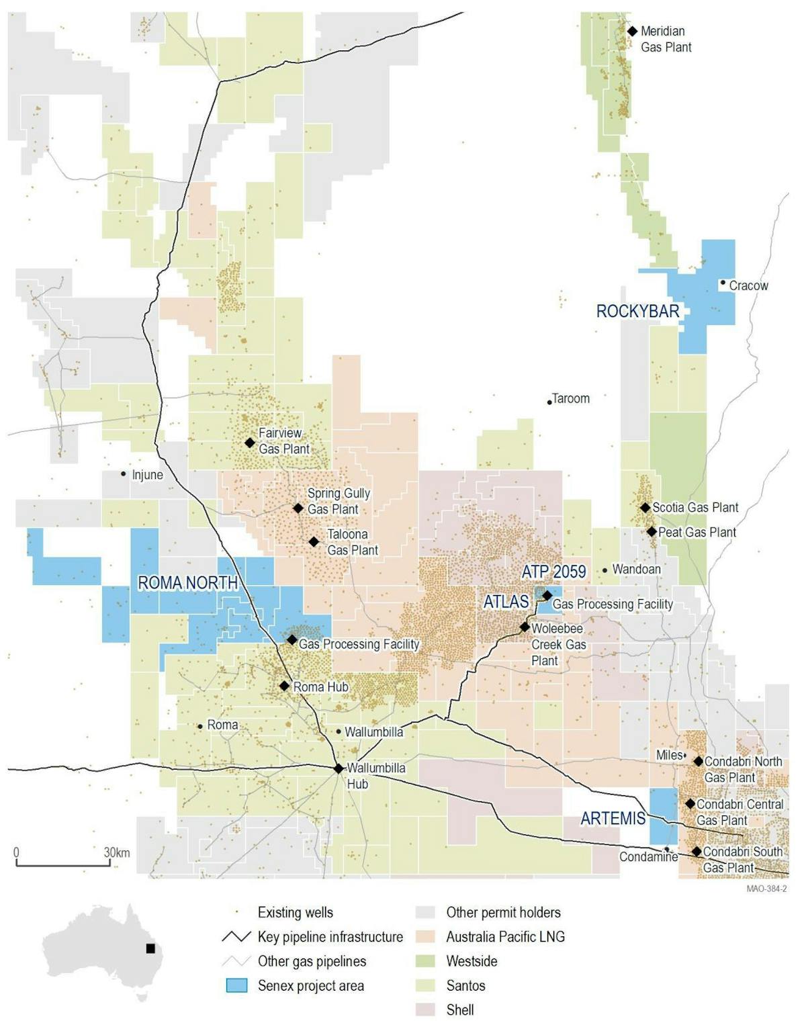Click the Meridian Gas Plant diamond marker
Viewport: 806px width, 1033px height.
(x=632, y=31)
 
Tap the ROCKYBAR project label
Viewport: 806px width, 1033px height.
(x=637, y=311)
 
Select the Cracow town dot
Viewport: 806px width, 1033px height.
(x=723, y=283)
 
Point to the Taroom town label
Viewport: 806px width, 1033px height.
(x=570, y=398)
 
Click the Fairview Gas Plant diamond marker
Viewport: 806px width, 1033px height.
(x=250, y=443)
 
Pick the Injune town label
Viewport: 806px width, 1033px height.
(x=147, y=475)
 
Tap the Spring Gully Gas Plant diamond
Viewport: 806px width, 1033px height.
(x=298, y=508)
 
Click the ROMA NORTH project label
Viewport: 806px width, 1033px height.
(x=187, y=582)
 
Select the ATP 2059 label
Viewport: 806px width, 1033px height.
(x=553, y=572)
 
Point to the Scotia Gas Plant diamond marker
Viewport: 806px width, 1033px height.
(x=645, y=508)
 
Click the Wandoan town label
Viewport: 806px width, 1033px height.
(x=636, y=570)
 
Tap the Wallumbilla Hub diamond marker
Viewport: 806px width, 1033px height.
(x=339, y=768)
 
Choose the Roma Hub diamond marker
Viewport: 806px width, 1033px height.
(x=284, y=686)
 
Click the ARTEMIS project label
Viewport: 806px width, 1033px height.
(x=613, y=818)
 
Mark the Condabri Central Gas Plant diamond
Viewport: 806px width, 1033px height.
(x=690, y=803)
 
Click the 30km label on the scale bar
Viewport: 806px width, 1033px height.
(x=117, y=852)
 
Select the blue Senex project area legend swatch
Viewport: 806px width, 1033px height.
(x=236, y=985)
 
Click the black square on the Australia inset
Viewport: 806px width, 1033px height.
(x=150, y=948)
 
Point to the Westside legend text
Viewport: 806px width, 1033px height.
(x=472, y=961)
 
